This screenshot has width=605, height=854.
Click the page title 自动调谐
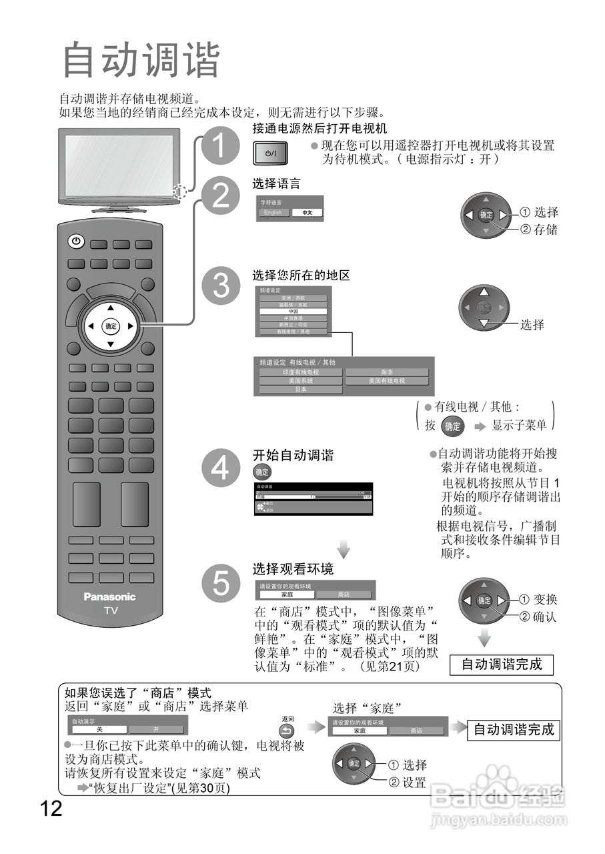pos(141,61)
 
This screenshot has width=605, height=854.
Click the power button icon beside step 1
pos(270,153)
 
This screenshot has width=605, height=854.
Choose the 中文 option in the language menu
pos(308,213)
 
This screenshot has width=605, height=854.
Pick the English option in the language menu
pos(273,213)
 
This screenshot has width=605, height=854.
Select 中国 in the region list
pos(293,312)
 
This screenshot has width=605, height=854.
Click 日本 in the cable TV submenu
pos(300,390)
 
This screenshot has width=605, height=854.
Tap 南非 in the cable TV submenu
pos(387,372)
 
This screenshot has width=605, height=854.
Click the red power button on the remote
pos(76,241)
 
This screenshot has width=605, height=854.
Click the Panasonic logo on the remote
pos(109,596)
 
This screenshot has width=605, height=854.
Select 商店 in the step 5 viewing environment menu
pos(344,594)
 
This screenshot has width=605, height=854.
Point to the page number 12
pos(50,809)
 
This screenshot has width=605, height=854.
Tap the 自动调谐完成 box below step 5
pos(502,665)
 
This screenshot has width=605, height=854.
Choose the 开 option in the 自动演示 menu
pos(157,730)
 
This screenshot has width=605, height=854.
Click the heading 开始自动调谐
pos(292,456)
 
